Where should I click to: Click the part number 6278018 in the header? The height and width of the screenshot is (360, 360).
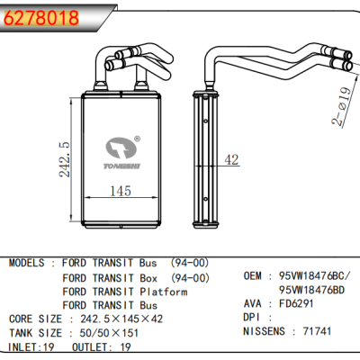[40, 17]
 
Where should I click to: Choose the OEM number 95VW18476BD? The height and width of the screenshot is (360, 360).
[313, 290]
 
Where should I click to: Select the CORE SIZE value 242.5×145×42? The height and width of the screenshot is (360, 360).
[121, 319]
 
